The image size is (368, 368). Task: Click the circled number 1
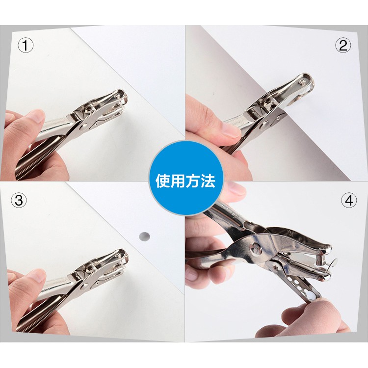(x=26, y=46)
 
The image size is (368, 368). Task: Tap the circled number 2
(x=343, y=45)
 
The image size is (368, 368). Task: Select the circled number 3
(x=19, y=200)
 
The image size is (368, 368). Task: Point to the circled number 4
(x=349, y=200)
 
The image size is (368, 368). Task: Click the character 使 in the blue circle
(x=163, y=181)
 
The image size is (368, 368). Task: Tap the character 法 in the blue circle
(x=208, y=181)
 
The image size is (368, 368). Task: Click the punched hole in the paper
(x=144, y=236)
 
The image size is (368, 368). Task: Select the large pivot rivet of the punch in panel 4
(x=256, y=249)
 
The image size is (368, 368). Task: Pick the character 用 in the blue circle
(x=178, y=181)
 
